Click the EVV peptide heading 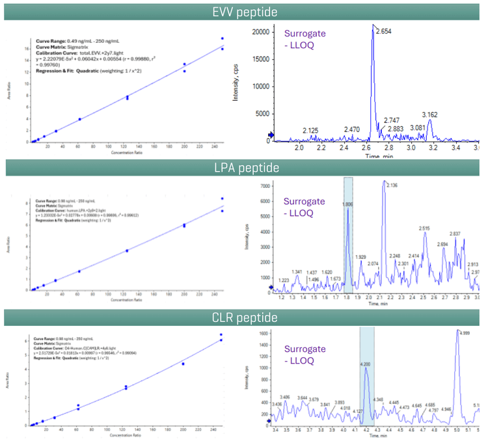point(244,12)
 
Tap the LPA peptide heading point(244,168)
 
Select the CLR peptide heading point(244,318)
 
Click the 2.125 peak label point(310,131)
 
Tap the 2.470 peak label point(352,130)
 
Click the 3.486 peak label point(284,396)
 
